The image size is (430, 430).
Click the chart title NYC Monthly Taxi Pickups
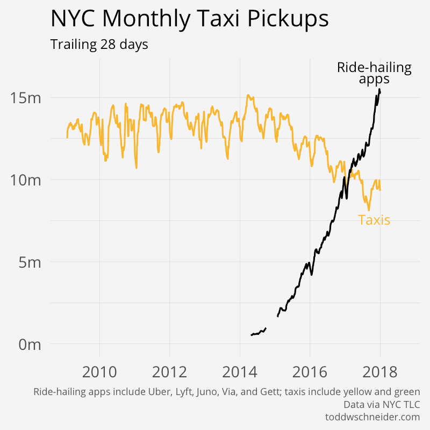189,19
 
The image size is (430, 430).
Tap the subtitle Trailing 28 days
99,45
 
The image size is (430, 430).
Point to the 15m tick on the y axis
25,98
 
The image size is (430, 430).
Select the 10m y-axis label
25,180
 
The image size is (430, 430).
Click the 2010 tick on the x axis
99,371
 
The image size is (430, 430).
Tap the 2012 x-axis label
169,371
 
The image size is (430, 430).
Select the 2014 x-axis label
240,371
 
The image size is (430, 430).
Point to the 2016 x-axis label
310,371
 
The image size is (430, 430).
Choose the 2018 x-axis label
380,371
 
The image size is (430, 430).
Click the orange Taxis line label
374,220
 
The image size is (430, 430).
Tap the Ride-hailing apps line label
374,73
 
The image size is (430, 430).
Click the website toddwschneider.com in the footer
372,417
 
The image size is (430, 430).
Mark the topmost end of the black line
379,89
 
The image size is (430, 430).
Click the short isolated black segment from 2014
259,332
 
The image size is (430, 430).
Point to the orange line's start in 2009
67,137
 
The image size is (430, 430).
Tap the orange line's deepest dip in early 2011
136,168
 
